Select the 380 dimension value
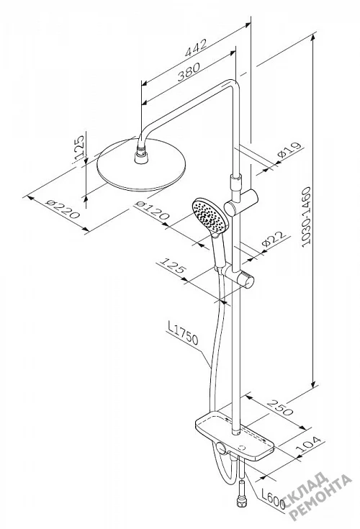coord(189,71)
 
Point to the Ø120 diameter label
coord(151,210)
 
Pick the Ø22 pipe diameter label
coord(274,239)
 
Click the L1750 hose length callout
coord(182,333)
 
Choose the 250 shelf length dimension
coord(280,407)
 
